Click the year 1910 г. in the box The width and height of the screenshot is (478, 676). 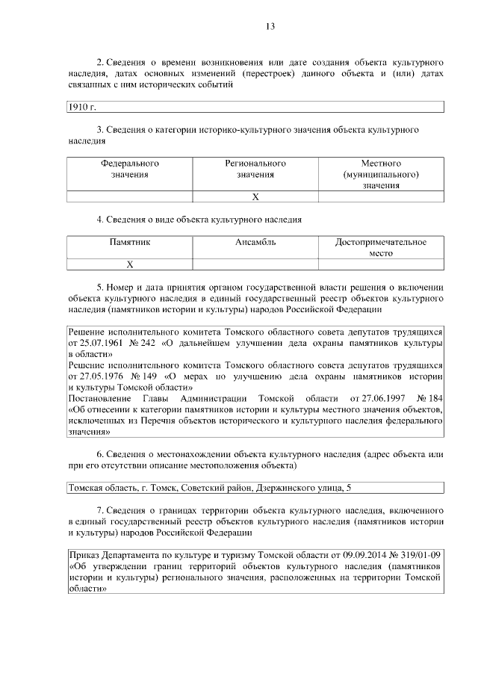click(82, 108)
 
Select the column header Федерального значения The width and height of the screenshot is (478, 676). click(130, 169)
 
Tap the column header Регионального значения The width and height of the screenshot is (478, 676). click(255, 169)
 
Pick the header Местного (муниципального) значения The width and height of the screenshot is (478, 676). click(381, 174)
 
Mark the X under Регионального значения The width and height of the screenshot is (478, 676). click(255, 196)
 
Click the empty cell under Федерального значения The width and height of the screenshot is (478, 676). click(130, 196)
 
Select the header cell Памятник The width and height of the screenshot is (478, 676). click(130, 243)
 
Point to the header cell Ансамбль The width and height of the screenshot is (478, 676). click(255, 243)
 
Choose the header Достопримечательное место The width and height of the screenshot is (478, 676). click(381, 248)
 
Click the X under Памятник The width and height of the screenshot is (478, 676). click(130, 264)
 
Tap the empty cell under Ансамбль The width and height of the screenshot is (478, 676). click(255, 264)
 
